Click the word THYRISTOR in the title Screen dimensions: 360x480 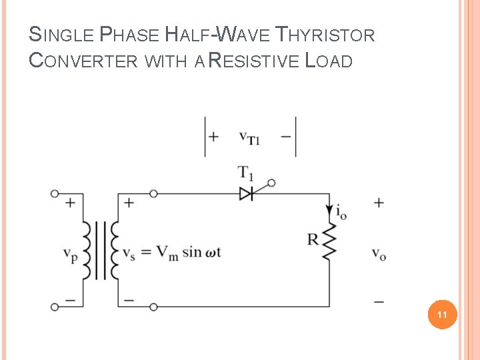[325, 34]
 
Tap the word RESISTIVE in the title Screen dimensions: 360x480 [253, 61]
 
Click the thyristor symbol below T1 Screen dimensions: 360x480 [246, 193]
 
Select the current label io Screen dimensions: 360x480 [340, 213]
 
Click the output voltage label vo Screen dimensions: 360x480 [379, 254]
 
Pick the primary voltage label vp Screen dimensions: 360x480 [69, 254]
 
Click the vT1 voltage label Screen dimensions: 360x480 [249, 137]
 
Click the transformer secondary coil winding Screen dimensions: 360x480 [115, 250]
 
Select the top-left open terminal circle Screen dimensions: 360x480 [55, 194]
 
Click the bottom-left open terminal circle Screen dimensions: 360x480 [55, 307]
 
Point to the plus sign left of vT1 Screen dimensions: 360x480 [213, 137]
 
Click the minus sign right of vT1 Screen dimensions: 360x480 [286, 137]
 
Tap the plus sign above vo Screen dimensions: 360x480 [379, 203]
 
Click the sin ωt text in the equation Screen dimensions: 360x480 [201, 252]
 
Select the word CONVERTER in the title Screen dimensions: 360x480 [84, 61]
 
